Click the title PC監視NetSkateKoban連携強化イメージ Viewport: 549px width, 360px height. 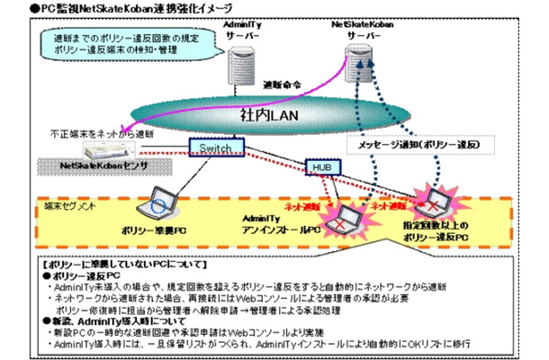pos(130,8)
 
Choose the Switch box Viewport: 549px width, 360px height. pos(217,147)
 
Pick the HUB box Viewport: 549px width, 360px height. pos(321,167)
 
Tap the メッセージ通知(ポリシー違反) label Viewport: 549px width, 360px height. pos(413,144)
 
